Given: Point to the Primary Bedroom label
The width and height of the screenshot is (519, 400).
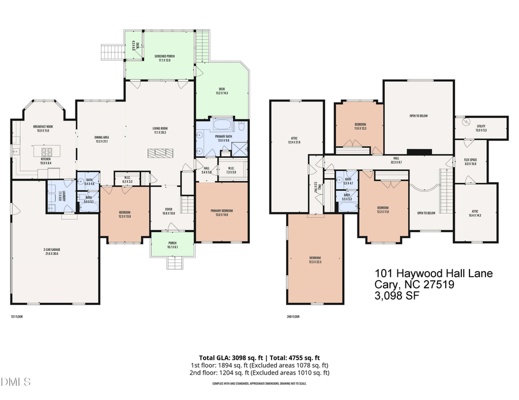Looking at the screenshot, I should point(223,213).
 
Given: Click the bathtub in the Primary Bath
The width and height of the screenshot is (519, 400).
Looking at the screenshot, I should point(222,125).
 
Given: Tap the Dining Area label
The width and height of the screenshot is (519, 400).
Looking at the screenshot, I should point(101,139).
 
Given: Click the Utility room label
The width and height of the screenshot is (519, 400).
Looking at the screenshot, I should point(481,129).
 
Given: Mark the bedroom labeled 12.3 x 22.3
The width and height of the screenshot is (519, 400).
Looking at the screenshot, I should point(314,259).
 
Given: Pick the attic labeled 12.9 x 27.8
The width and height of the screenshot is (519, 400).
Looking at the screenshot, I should point(295,140).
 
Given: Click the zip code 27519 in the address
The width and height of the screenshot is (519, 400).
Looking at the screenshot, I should point(440,285).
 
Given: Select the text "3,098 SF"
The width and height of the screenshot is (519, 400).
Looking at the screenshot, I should point(397,296).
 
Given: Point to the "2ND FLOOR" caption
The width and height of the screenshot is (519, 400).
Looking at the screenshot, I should point(294,317).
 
